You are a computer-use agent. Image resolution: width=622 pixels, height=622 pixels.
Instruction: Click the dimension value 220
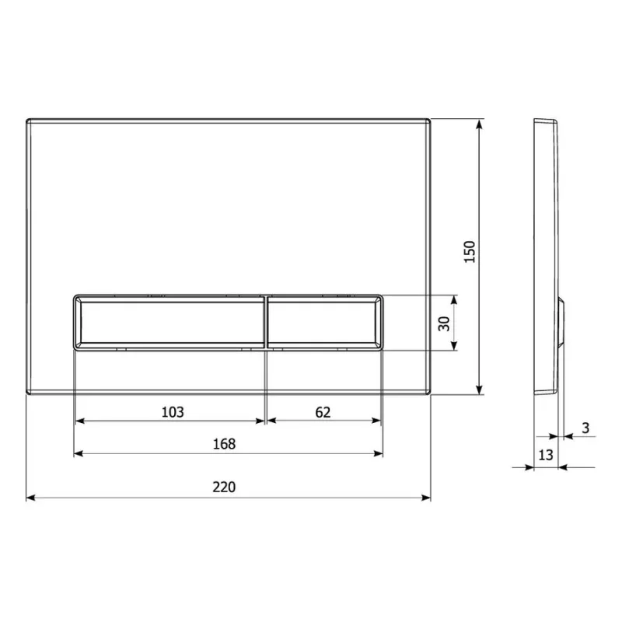pyautogui.click(x=224, y=487)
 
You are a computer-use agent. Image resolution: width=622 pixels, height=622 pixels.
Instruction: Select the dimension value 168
pyautogui.click(x=224, y=444)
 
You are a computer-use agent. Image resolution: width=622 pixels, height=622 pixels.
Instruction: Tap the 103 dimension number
pyautogui.click(x=173, y=412)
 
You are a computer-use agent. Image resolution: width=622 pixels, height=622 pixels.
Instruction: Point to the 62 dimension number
pyautogui.click(x=323, y=413)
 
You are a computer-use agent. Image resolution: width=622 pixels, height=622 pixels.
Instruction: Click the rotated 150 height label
pyautogui.click(x=470, y=252)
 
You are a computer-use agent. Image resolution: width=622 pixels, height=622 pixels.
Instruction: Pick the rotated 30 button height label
pyautogui.click(x=444, y=323)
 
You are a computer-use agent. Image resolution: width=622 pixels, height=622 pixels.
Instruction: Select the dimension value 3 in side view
pyautogui.click(x=586, y=428)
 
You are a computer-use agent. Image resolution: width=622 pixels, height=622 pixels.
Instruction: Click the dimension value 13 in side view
pyautogui.click(x=546, y=455)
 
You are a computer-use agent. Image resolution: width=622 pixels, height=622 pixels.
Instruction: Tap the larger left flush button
pyautogui.click(x=169, y=323)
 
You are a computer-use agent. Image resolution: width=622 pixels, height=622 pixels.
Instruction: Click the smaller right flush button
pyautogui.click(x=325, y=323)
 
